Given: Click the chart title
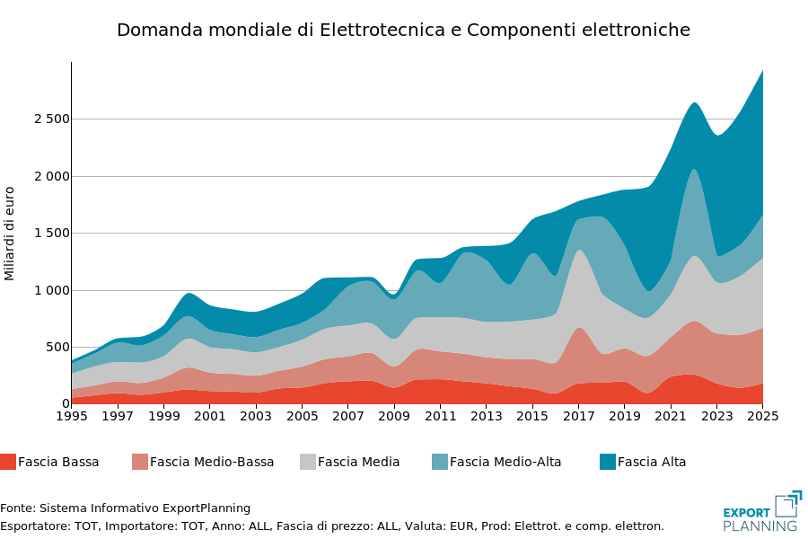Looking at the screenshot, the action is pyautogui.click(x=403, y=30).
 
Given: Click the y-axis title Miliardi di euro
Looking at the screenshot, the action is pyautogui.click(x=9, y=234).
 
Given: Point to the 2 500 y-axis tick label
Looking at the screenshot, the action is pyautogui.click(x=51, y=119).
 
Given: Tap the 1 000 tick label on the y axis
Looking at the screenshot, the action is pyautogui.click(x=51, y=290).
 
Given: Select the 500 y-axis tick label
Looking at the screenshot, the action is pyautogui.click(x=57, y=347).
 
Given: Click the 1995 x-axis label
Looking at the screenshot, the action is pyautogui.click(x=72, y=416).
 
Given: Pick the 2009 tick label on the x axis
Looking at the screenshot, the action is pyautogui.click(x=394, y=416).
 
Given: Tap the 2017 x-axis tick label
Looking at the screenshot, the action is pyautogui.click(x=579, y=416).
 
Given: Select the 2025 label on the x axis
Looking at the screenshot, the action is pyautogui.click(x=762, y=416).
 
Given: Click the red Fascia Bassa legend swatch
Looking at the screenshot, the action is pyautogui.click(x=8, y=462).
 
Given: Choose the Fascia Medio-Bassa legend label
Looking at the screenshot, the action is pyautogui.click(x=212, y=462).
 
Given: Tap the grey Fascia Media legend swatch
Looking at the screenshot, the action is pyautogui.click(x=308, y=462).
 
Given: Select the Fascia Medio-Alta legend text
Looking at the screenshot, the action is pyautogui.click(x=505, y=462).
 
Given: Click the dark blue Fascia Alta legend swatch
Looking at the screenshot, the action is pyautogui.click(x=608, y=462).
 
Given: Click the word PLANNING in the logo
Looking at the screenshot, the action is pyautogui.click(x=760, y=526).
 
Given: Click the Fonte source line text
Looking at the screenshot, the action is pyautogui.click(x=125, y=508).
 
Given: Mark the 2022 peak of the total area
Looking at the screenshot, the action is pyautogui.click(x=694, y=102).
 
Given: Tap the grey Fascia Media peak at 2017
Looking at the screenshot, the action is pyautogui.click(x=579, y=250).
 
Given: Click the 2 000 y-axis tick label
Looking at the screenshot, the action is pyautogui.click(x=51, y=176).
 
